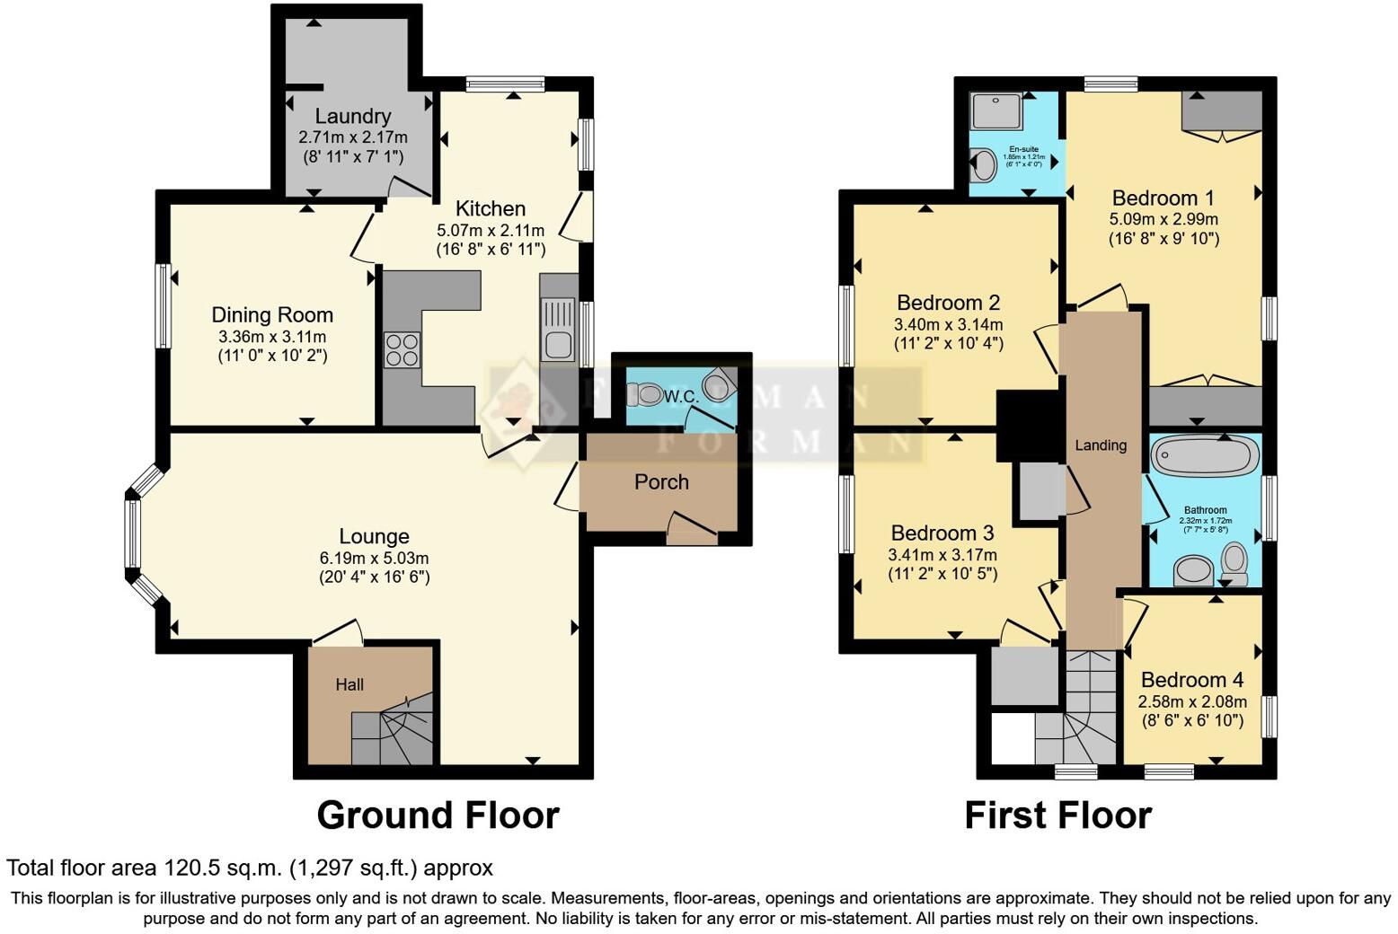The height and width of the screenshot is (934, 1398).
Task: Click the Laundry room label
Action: point(352,116)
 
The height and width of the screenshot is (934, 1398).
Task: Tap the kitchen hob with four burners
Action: point(403,349)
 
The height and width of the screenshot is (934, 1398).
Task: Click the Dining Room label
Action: point(272,315)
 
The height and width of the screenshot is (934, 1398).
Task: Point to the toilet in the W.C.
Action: point(645,393)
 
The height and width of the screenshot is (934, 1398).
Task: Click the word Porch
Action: point(661,482)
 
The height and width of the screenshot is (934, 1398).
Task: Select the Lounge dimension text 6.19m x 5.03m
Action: point(374,558)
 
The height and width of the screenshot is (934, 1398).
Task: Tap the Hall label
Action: point(349,684)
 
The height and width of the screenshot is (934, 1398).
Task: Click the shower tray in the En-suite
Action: point(992,111)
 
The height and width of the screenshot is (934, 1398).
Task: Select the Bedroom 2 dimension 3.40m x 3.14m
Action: point(948,324)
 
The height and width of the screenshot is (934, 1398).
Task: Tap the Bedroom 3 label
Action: point(942,533)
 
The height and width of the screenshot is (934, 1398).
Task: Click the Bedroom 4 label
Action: point(1192,680)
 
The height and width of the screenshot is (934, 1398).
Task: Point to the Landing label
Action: point(1101,445)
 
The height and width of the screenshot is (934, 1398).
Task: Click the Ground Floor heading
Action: point(438,815)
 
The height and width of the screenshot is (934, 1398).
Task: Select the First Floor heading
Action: point(1057,815)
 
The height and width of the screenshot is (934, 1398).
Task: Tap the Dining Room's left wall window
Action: point(164,305)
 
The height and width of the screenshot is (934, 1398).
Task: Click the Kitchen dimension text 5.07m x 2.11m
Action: point(491,231)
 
